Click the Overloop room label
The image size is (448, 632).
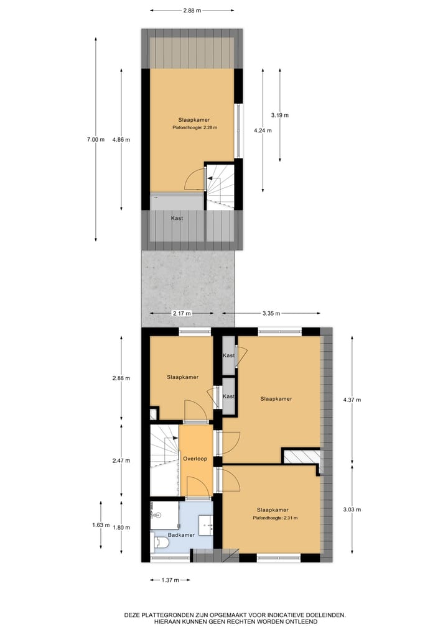pyautogui.click(x=195, y=459)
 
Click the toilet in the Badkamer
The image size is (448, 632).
pyautogui.click(x=161, y=543)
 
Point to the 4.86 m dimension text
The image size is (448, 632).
pyautogui.click(x=121, y=140)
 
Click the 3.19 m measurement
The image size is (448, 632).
pyautogui.click(x=280, y=115)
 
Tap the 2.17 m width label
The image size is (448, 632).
pyautogui.click(x=182, y=313)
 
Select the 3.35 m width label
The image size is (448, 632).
pyautogui.click(x=271, y=313)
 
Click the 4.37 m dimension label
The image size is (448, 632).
pyautogui.click(x=352, y=400)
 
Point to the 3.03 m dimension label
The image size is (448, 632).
pyautogui.click(x=352, y=509)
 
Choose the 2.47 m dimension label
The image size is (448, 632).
pyautogui.click(x=121, y=460)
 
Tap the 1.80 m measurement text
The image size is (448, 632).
pyautogui.click(x=121, y=528)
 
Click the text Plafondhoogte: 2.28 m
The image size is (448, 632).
pyautogui.click(x=195, y=128)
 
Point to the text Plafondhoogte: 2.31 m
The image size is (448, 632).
pyautogui.click(x=275, y=518)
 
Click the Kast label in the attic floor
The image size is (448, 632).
pyautogui.click(x=177, y=218)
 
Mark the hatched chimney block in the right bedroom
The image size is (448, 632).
pyautogui.click(x=301, y=456)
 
